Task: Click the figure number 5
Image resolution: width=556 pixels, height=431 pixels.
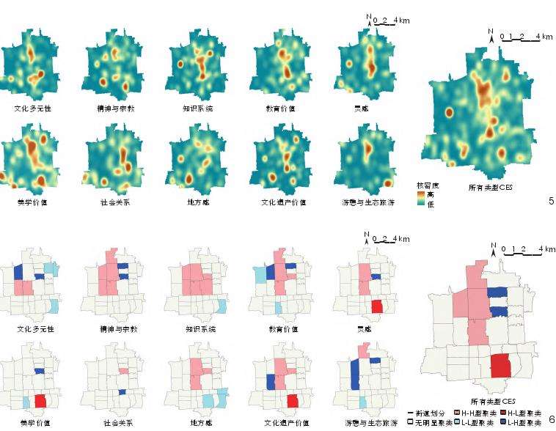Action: coord(550,200)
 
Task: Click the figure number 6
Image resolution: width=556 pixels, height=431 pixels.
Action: coord(551,419)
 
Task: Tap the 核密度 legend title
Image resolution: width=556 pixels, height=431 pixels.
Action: coord(427,185)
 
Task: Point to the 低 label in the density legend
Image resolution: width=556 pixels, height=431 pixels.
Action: coord(431,205)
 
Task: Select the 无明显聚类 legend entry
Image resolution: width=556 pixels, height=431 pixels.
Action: coord(430,423)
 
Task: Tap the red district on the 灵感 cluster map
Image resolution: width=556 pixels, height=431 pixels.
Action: coord(377,306)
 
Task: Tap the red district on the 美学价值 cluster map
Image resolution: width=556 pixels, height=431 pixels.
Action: coord(40,402)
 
